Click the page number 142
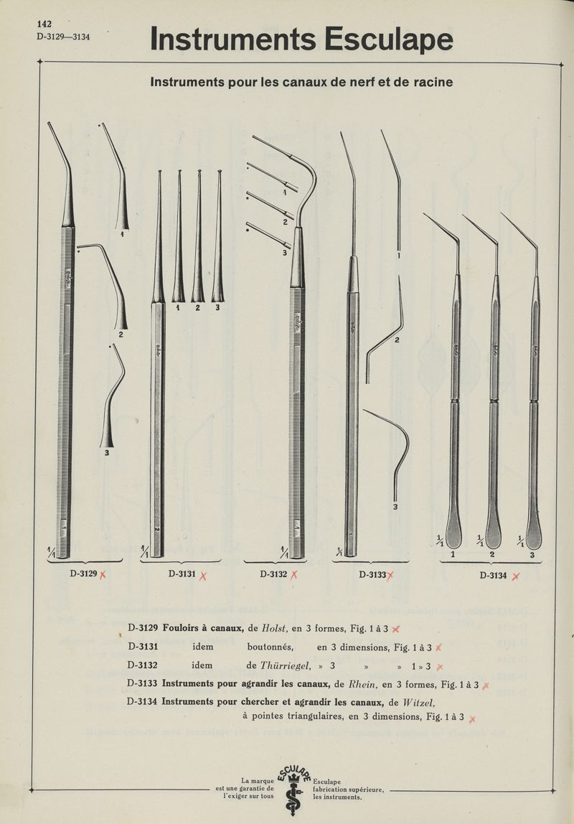(45, 24)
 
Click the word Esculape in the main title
(387, 39)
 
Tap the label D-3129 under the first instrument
(84, 573)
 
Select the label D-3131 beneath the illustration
(182, 573)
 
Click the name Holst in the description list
(275, 629)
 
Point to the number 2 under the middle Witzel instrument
(492, 555)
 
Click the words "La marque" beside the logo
(257, 781)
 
